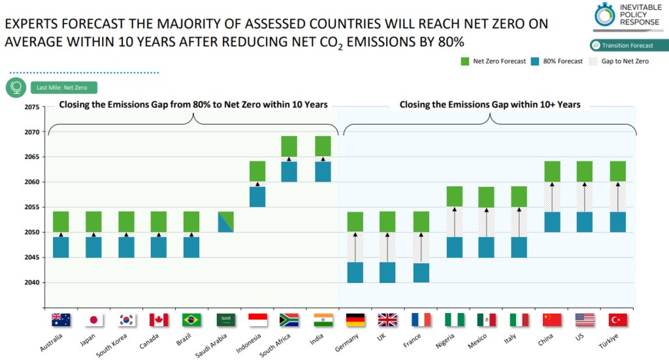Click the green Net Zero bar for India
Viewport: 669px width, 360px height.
[x=323, y=146]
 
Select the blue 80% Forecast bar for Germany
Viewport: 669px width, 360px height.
[x=355, y=272]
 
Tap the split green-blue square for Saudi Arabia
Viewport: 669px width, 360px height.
[x=225, y=221]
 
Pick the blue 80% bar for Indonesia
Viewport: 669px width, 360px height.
[x=257, y=197]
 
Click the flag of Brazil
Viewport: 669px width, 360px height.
[x=191, y=319]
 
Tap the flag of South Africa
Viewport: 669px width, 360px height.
[x=289, y=319]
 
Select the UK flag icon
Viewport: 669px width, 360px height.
[x=387, y=319]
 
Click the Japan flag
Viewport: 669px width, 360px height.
[x=94, y=319]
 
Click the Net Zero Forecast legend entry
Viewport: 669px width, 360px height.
[x=493, y=61]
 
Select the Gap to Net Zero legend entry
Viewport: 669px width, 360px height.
[x=617, y=61]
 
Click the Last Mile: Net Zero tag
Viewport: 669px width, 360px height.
[x=63, y=88]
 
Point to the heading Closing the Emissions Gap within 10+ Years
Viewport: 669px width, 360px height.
[x=490, y=104]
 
